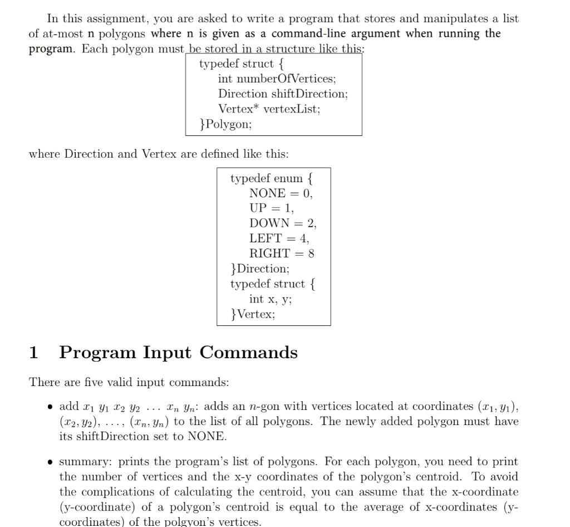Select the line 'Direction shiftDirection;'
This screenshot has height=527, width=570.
pyautogui.click(x=283, y=94)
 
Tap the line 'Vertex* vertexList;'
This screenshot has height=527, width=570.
pyautogui.click(x=269, y=109)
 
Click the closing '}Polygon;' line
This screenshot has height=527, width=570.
pyautogui.click(x=225, y=124)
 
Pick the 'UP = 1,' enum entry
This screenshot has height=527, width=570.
pyautogui.click(x=271, y=208)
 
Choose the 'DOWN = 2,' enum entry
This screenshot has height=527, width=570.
pyautogui.click(x=282, y=223)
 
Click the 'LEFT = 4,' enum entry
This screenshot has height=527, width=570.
pyautogui.click(x=279, y=238)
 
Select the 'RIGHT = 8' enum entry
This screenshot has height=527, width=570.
pyautogui.click(x=282, y=253)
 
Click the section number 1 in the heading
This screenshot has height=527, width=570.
pyautogui.click(x=33, y=353)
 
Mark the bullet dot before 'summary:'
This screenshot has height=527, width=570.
pyautogui.click(x=51, y=462)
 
